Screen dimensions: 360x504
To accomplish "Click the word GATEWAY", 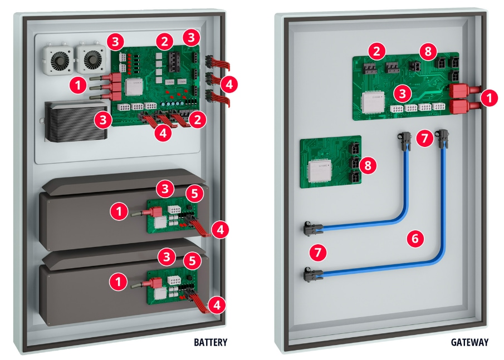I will point(469,342).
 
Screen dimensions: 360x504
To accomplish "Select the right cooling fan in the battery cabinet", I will point(89,56).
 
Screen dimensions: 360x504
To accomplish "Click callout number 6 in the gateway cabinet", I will point(415,239).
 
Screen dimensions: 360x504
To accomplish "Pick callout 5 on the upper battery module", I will point(192,193).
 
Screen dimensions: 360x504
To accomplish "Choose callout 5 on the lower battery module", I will point(192,260).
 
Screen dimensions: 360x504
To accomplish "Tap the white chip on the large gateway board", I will point(374,102).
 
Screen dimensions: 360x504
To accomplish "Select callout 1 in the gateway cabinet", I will point(489,98).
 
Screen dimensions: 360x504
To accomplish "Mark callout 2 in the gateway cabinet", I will point(378,52).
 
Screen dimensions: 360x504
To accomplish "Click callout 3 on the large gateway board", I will point(403,91).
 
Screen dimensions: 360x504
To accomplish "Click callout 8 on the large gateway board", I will point(428,52).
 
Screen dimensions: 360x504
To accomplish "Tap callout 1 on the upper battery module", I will point(118,210).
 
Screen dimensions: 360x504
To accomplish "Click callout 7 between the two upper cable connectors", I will point(425,138).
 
